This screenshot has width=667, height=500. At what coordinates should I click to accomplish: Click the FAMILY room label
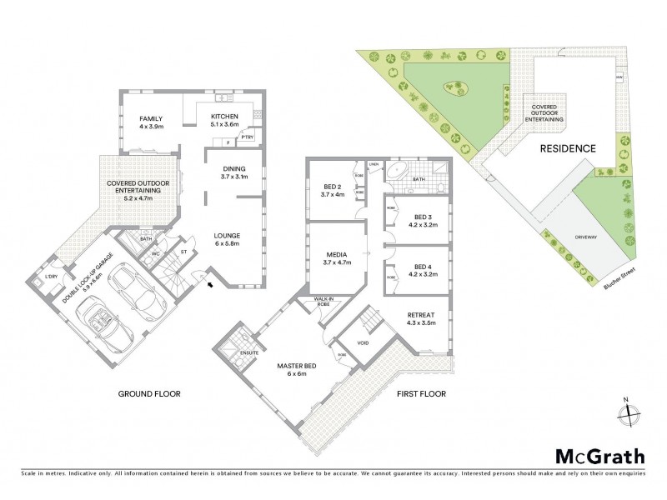point(150,118)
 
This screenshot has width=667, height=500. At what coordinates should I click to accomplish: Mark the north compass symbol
point(629,412)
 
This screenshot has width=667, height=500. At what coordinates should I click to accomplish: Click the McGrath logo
point(599,456)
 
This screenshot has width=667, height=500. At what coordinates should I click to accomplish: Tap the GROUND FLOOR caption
point(149,393)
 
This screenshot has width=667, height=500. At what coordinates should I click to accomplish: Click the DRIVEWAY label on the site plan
point(586,237)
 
